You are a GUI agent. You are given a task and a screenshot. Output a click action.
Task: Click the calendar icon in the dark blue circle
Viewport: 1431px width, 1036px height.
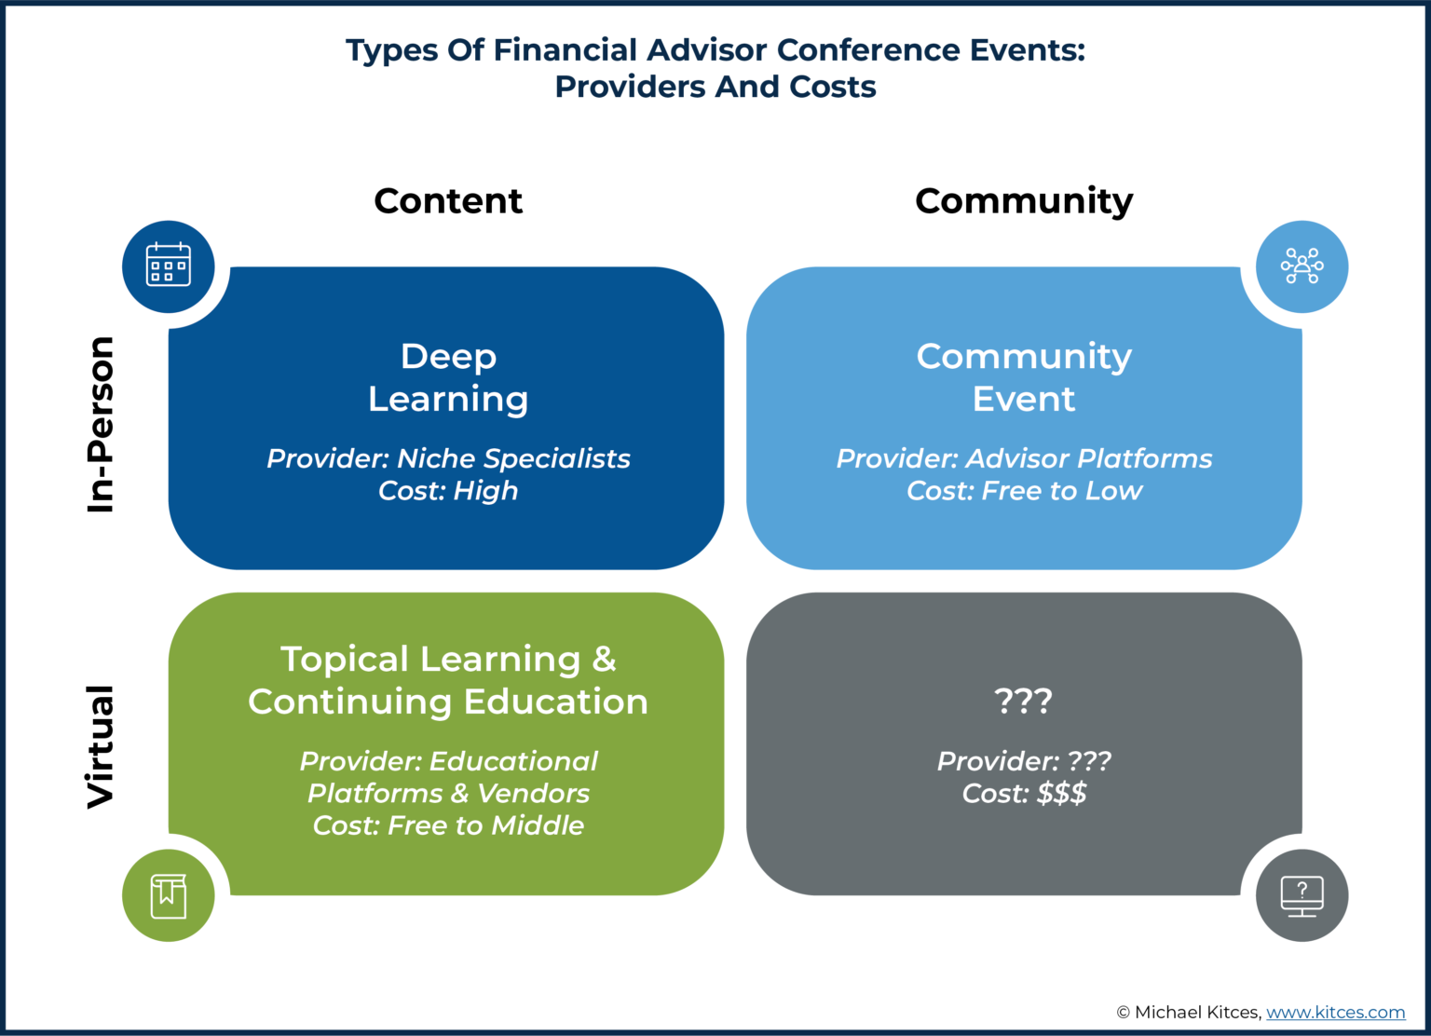[169, 266]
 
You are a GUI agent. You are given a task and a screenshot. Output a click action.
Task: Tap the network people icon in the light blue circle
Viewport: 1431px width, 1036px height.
[1302, 266]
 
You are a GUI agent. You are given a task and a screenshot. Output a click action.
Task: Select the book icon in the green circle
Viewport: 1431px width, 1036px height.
[169, 895]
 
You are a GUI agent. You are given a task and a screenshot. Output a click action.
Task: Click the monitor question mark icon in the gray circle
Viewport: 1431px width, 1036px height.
[1302, 895]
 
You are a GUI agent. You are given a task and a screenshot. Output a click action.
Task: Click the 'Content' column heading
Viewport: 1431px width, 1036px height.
[448, 201]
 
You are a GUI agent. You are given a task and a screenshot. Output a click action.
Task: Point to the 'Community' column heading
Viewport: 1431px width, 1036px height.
[1024, 201]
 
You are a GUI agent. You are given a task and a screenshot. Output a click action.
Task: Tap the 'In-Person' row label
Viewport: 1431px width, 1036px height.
[100, 424]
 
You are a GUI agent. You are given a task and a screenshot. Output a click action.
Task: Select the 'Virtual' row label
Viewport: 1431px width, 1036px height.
[100, 746]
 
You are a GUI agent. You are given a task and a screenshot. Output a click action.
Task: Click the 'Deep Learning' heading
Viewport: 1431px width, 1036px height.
[448, 377]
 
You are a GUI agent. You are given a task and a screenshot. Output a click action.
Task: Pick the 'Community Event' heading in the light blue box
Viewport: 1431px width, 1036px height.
[1024, 377]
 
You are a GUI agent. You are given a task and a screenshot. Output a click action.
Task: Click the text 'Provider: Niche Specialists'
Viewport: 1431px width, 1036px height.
[448, 458]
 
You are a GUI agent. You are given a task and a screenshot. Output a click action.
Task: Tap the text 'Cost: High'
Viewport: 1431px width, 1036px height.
[448, 491]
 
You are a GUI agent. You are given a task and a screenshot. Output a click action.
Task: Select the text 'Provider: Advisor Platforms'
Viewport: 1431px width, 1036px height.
[1024, 458]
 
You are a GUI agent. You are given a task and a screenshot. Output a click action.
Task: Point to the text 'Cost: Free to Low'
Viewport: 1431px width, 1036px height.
[1024, 491]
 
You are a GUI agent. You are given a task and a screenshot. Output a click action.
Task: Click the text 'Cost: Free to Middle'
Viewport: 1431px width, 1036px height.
[448, 825]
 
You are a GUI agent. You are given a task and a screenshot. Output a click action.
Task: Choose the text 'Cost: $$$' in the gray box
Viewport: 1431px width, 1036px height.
[1024, 794]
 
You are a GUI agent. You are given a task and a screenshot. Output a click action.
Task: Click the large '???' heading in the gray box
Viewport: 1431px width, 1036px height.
[1023, 700]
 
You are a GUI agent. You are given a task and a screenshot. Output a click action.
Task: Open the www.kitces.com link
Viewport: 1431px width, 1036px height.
[1335, 1012]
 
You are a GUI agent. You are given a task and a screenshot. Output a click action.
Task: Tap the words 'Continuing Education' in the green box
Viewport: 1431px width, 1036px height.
[448, 702]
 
